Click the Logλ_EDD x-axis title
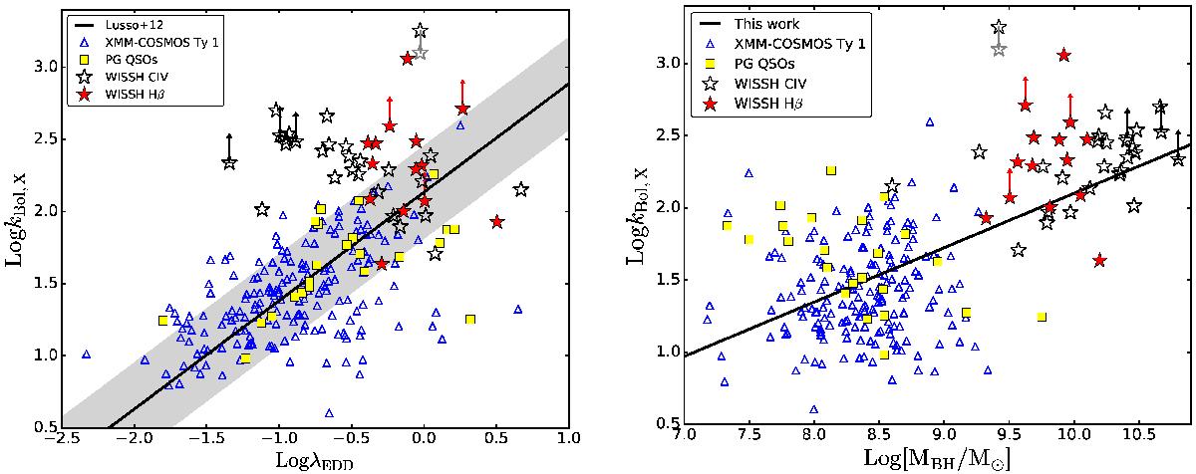point(315,460)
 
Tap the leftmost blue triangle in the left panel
point(86,355)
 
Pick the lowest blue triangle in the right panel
point(814,409)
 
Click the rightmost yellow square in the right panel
point(1042,317)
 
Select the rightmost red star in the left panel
point(497,221)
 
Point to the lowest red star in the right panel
point(1099,260)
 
